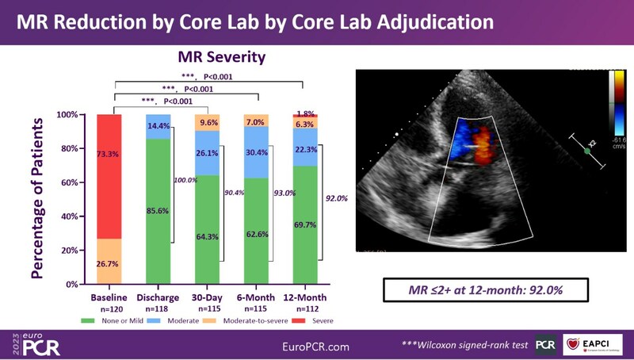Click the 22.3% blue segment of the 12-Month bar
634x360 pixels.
click(305, 148)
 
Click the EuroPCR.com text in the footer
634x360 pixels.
click(317, 347)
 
